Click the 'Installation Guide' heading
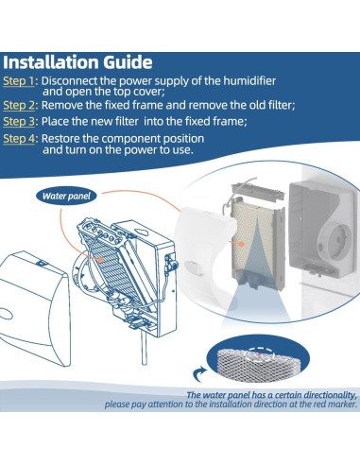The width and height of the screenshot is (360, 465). pos(77,63)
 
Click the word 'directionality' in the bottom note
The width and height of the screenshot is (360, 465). pos(317,396)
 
